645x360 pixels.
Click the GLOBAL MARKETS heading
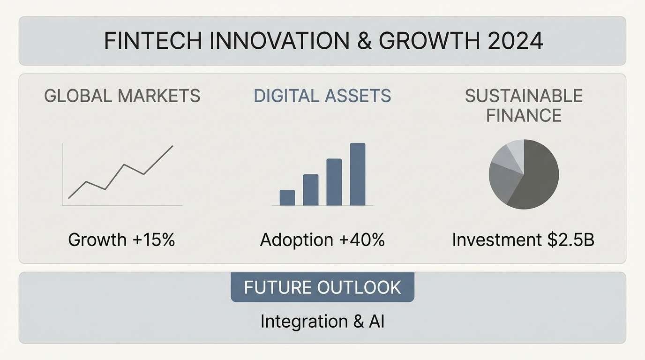(122, 96)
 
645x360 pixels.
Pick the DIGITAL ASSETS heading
(322, 96)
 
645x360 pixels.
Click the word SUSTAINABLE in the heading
(524, 96)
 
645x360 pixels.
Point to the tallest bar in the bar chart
(357, 174)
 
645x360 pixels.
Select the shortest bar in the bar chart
(287, 197)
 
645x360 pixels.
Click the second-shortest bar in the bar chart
(311, 190)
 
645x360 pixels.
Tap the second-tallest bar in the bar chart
(334, 182)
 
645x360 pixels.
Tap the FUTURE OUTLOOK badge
(322, 287)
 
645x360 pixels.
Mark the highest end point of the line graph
(172, 146)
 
